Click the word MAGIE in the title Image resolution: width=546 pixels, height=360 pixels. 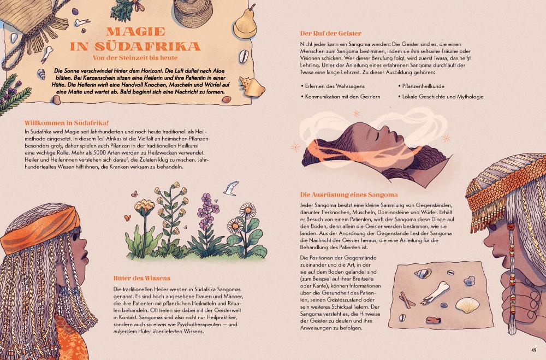[x=136, y=32]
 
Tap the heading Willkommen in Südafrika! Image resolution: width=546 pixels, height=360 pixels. [x=67, y=123]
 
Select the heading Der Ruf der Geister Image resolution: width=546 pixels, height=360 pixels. [x=330, y=33]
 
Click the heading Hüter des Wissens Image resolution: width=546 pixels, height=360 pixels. [x=142, y=278]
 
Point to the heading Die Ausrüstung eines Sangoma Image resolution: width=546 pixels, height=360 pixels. [x=348, y=195]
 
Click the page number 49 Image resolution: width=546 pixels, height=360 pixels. [x=534, y=350]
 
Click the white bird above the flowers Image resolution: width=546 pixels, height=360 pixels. [x=231, y=188]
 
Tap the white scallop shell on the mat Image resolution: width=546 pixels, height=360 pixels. [x=467, y=305]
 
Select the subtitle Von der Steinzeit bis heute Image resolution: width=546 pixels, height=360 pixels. [x=135, y=57]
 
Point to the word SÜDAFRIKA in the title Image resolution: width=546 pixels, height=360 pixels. [x=135, y=46]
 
